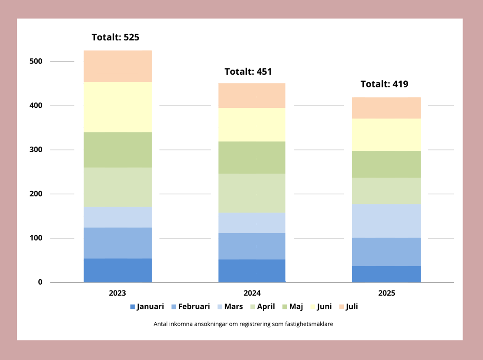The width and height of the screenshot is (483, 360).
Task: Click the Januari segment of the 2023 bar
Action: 117,270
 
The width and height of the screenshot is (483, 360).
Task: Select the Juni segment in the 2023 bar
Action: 117,107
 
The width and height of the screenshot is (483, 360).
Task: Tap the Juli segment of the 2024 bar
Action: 252,96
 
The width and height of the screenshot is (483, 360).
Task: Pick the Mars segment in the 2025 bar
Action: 386,221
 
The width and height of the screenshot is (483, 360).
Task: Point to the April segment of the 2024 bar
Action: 252,193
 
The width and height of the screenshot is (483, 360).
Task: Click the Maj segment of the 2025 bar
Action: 386,164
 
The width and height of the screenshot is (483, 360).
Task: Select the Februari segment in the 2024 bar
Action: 252,246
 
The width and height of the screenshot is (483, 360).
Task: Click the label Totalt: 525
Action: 115,37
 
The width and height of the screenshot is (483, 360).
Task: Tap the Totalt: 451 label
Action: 248,72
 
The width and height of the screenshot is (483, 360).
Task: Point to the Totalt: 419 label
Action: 384,84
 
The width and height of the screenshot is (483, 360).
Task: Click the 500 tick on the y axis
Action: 36,61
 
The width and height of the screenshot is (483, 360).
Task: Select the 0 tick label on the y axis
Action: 40,282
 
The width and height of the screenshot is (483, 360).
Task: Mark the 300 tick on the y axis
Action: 36,150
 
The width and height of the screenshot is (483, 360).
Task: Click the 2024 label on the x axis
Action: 252,293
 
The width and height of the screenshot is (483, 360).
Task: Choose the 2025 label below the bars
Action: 386,293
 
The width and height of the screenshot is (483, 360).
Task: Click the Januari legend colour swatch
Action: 133,307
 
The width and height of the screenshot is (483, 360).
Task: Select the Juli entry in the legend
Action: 348,307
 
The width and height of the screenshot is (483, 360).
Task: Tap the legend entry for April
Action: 262,307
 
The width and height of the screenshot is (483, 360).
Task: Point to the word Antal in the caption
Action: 161,324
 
